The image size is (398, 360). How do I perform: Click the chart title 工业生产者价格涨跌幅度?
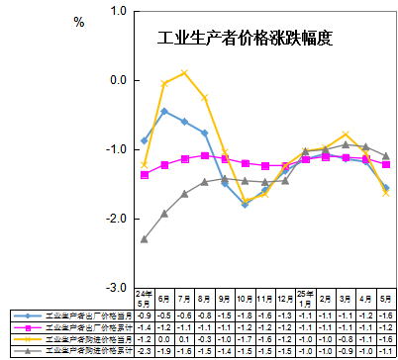coord(245,41)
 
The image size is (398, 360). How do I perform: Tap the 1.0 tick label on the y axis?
coord(119,11)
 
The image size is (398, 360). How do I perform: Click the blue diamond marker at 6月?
coord(164,111)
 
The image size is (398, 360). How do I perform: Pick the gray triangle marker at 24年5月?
coord(145,239)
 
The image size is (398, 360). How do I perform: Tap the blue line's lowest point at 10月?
coord(245,204)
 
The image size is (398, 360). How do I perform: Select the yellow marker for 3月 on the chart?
coord(346,134)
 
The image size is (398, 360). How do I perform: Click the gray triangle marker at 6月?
coord(164,213)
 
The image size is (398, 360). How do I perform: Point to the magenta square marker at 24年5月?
coord(145,175)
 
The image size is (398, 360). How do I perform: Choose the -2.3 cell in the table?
coord(145,350)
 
